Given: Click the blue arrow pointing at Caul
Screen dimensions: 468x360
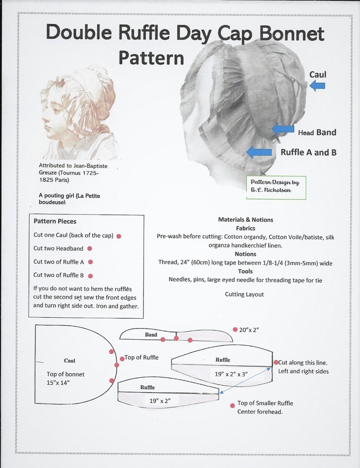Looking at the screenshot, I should (317, 85).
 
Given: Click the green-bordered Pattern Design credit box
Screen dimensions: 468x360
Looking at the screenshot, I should (276, 188).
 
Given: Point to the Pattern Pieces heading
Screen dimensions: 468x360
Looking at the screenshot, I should (55, 221).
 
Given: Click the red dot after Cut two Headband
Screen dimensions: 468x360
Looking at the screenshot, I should (89, 249).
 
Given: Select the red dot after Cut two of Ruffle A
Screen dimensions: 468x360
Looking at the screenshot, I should (90, 262).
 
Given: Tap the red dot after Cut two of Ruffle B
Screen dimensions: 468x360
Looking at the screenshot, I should (90, 276).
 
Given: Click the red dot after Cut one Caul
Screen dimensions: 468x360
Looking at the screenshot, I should (119, 236).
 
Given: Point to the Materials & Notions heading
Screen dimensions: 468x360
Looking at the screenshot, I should (245, 219).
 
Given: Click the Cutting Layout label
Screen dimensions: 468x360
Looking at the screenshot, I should (244, 294).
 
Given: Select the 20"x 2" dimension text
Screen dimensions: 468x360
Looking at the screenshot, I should (249, 330).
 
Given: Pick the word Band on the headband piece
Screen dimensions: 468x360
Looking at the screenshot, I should (151, 335).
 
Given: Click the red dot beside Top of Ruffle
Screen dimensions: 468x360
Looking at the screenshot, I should (122, 358).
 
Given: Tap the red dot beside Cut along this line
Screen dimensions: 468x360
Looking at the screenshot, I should (276, 362).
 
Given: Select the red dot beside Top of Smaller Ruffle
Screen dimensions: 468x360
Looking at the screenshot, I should (232, 405).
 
